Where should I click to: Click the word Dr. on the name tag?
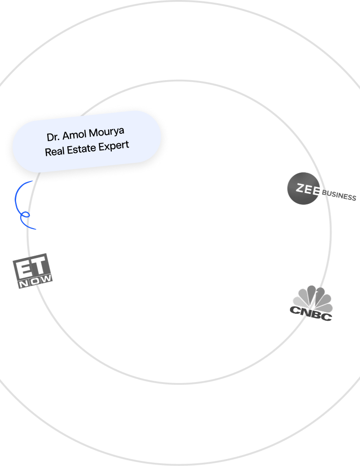pos(53,137)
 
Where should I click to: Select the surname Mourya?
pos(106,133)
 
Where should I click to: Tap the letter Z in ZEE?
pos(300,187)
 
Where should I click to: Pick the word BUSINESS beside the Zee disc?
pos(339,196)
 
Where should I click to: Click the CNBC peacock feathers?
pos(312,296)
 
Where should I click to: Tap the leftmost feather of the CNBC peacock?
pos(297,302)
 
